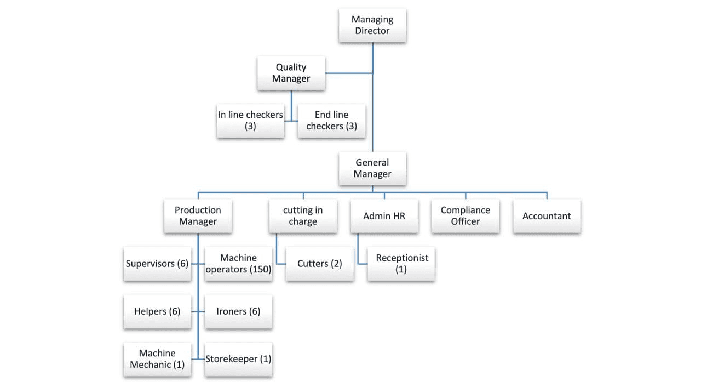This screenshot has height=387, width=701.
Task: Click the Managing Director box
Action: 372,25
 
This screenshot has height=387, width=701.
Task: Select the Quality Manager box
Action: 291,73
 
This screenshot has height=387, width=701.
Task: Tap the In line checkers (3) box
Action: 250,121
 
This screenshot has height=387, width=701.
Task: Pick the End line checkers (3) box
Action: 331,121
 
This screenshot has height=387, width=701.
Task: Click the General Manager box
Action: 372,168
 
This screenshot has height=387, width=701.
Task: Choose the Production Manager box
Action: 198,216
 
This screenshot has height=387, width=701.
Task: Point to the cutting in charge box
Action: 303,216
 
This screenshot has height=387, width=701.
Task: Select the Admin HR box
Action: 384,216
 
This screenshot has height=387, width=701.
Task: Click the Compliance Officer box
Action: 466,216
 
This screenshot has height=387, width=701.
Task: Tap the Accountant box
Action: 547,216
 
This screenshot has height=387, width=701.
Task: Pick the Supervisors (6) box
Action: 157,264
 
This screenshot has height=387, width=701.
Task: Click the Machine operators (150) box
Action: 239,264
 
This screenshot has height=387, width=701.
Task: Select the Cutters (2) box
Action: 320,264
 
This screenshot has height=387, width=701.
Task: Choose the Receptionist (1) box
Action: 401,264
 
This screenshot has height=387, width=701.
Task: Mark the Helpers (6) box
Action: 157,311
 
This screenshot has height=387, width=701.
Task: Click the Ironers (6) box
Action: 239,311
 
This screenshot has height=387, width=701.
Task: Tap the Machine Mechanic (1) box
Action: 157,359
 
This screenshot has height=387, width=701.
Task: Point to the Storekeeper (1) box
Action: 239,359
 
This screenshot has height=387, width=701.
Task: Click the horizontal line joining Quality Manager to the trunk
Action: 349,73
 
